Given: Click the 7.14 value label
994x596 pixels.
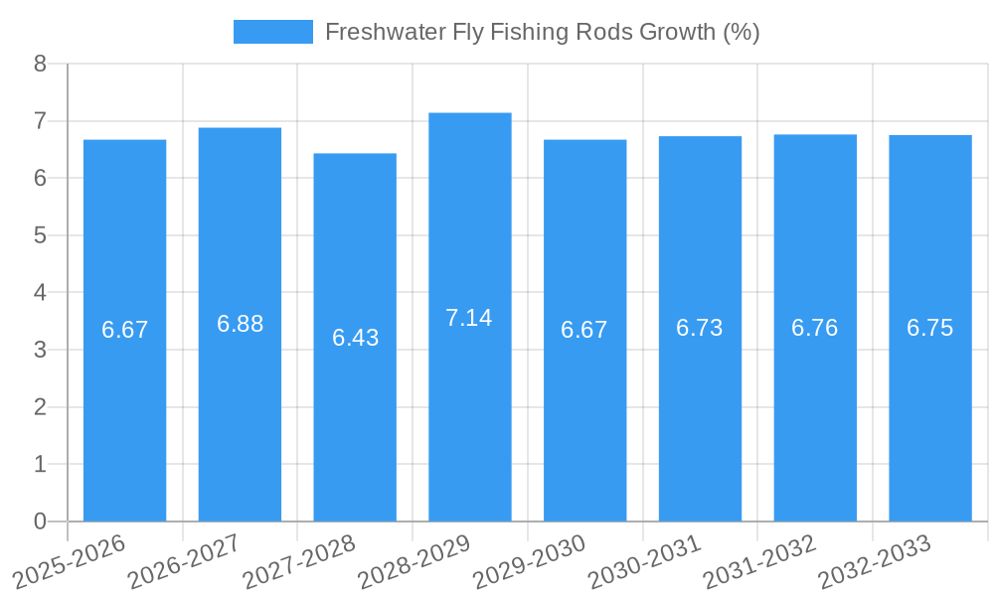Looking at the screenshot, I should (x=469, y=318).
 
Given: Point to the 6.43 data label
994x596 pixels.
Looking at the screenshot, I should (x=355, y=338).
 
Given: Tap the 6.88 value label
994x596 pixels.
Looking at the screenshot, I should (x=240, y=324).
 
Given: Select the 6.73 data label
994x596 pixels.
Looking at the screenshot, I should (x=700, y=329).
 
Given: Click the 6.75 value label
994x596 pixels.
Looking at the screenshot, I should (x=929, y=329).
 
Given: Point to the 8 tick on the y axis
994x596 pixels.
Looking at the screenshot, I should (x=40, y=65).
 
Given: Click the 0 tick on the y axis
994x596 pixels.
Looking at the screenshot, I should (x=40, y=521).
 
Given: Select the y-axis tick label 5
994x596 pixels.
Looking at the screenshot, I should (x=40, y=236).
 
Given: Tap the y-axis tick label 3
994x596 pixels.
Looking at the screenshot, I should (x=40, y=351).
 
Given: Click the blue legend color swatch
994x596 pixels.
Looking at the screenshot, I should (x=272, y=32).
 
